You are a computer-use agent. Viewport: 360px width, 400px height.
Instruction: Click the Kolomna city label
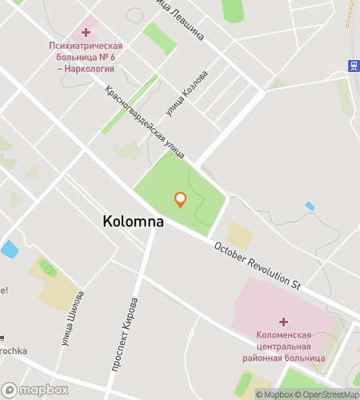[x=134, y=222]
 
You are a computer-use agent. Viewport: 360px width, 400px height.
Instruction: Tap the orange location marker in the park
[x=181, y=199]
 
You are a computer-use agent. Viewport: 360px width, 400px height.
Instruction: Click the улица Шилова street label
[x=71, y=319]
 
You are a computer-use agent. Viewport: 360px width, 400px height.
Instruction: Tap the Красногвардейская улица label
[x=145, y=121]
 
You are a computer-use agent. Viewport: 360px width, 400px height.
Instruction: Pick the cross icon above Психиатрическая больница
[x=86, y=32]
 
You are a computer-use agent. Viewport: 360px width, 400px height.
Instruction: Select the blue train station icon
[x=352, y=65]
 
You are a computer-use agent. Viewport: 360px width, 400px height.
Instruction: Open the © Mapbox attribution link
[x=275, y=394]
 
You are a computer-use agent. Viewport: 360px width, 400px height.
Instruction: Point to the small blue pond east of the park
[x=310, y=206]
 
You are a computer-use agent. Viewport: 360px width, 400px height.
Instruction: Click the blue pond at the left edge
[x=10, y=249]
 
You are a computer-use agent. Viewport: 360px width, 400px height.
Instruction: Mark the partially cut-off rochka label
[x=14, y=350]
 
